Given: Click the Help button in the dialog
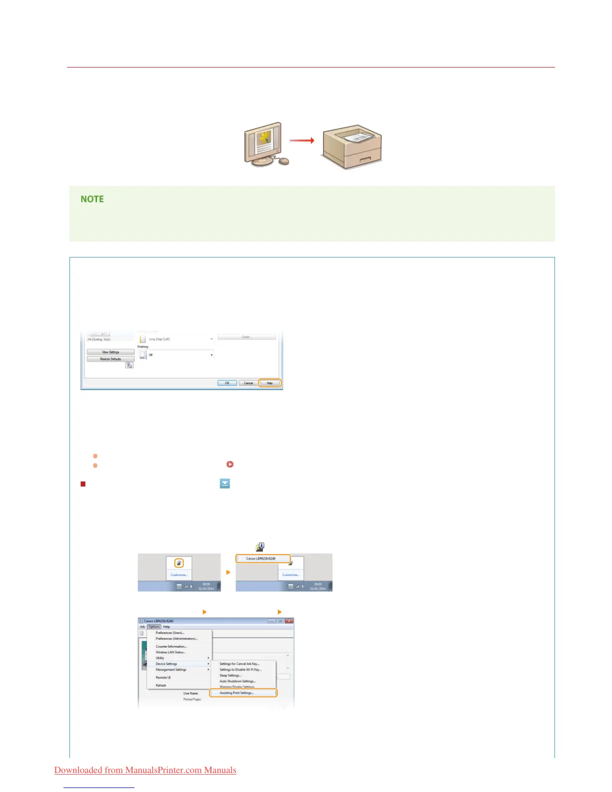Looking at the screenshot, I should pos(269,383).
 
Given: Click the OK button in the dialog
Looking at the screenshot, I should pos(227,383).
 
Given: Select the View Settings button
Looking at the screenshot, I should pos(110,352).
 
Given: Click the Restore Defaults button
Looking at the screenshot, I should pos(110,359).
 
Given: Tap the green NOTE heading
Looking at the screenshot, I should pos(92,199).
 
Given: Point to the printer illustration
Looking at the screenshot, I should pos(352,146).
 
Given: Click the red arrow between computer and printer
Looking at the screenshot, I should pos(302,140).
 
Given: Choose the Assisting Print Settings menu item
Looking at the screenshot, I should pos(237,693).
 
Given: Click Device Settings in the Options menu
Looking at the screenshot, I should pos(166,664).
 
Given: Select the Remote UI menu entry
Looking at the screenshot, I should pos(163,677).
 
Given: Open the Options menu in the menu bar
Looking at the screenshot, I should pos(154,626).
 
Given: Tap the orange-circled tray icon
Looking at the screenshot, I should pos(179,563).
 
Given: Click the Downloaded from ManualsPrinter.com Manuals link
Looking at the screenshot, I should pos(145,770).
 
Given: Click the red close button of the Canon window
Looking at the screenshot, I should pos(288,621).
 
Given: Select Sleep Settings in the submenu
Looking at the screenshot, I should pos(230,675).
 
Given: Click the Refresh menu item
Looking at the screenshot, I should pos(161,685).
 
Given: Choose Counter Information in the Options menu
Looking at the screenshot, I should pos(171,646).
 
